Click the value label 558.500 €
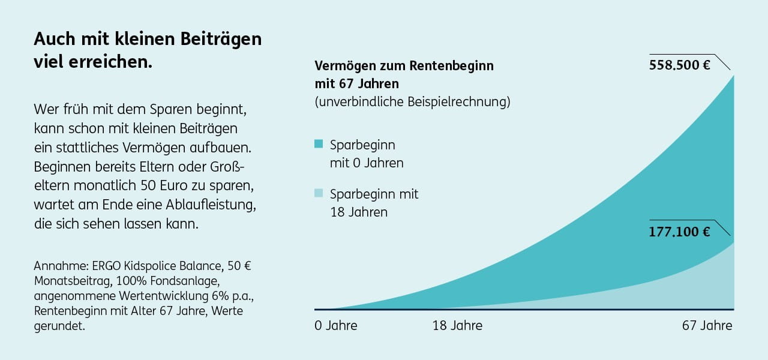click(x=679, y=65)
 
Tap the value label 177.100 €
click(x=679, y=232)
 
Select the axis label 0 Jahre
click(x=335, y=326)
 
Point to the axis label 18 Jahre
click(x=457, y=326)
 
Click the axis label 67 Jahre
click(x=707, y=326)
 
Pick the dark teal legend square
click(x=319, y=145)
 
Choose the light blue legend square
click(x=319, y=193)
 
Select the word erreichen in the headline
click(x=114, y=62)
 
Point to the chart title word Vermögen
click(x=343, y=65)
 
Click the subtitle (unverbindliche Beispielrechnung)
click(x=412, y=101)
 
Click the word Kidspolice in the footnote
click(x=158, y=266)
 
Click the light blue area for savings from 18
click(x=690, y=288)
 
